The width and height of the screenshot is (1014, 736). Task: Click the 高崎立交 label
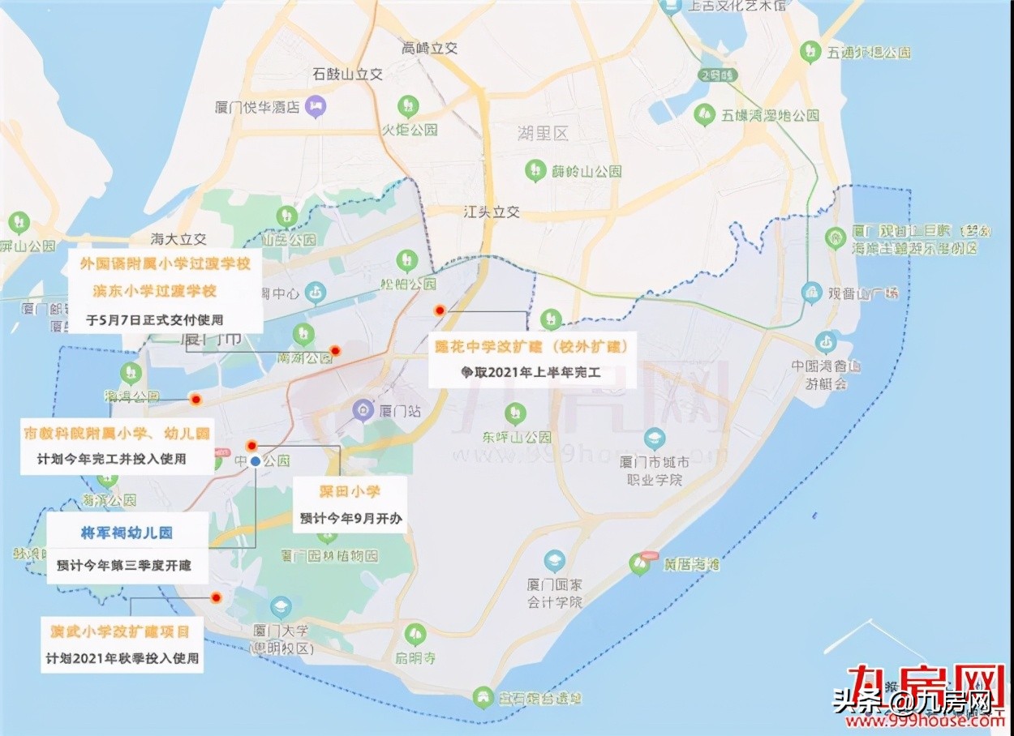pos(430,48)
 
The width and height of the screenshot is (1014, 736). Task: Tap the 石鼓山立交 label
pos(347,74)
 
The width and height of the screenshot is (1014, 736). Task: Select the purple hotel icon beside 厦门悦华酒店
pos(319,105)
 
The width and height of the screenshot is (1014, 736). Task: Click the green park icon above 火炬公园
pos(408,105)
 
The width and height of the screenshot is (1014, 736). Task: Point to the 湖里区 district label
pos(543,134)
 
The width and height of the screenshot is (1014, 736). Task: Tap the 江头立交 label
pos(491,212)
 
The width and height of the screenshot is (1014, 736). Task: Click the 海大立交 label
pos(179,239)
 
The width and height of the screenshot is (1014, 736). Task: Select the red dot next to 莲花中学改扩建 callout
pos(439,310)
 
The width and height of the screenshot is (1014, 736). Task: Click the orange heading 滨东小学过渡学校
pos(154,290)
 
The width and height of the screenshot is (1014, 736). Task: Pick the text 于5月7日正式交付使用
pos(154,319)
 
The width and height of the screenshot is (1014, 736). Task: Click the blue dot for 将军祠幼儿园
pos(256,461)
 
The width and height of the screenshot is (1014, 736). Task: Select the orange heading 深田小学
pos(349,491)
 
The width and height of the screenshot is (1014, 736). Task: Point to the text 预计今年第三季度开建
pos(124,565)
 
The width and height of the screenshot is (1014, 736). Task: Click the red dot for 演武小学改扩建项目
pos(216,598)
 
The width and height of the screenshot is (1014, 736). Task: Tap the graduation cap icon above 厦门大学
pos(281,606)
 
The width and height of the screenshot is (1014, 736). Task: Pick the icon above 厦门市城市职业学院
pos(654,439)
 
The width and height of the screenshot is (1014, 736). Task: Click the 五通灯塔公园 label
pos(868,52)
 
